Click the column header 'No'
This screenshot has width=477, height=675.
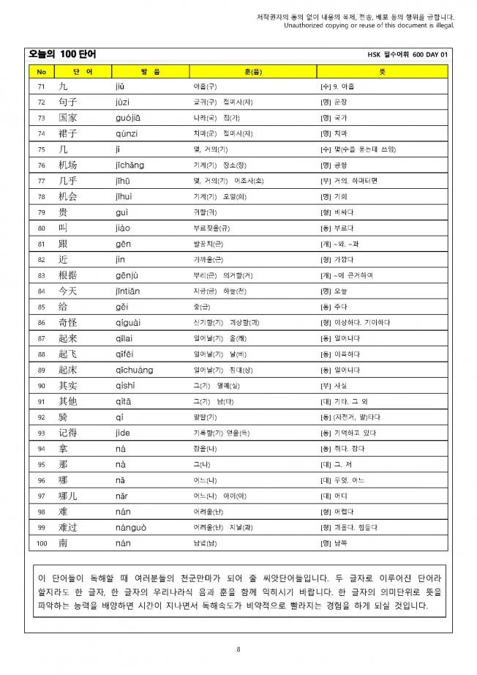point(41,71)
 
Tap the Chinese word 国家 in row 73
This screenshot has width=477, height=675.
point(68,117)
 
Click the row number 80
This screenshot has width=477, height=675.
point(41,228)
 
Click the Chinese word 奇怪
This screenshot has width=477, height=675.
point(68,323)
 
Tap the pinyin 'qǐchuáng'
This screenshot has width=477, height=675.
point(134,370)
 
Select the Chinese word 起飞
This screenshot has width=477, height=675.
point(68,354)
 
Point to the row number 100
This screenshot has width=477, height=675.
point(41,544)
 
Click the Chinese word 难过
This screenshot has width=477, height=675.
point(68,528)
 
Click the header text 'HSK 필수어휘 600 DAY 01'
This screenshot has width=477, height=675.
point(407,55)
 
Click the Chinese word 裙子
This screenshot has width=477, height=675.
point(68,133)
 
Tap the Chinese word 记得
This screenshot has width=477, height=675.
point(68,433)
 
